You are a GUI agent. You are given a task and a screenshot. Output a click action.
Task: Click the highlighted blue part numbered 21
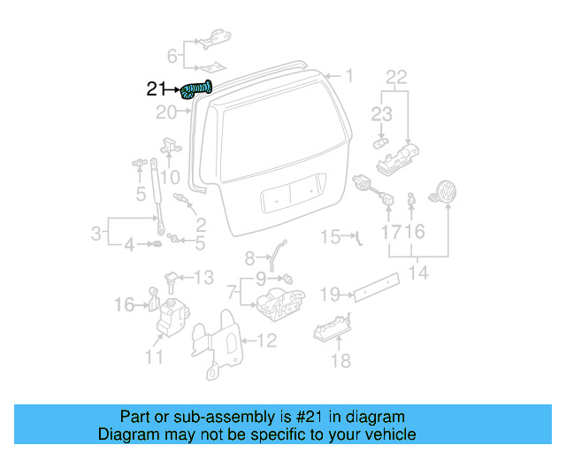pyautogui.click(x=196, y=88)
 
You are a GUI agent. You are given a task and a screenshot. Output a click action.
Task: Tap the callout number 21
pyautogui.click(x=156, y=88)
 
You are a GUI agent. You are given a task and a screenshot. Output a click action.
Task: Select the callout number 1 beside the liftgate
pyautogui.click(x=348, y=76)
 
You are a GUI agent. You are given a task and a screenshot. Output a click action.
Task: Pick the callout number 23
pyautogui.click(x=381, y=113)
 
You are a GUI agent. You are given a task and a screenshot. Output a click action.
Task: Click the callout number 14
pyautogui.click(x=418, y=273)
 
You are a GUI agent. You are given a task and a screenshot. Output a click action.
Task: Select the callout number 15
pyautogui.click(x=330, y=236)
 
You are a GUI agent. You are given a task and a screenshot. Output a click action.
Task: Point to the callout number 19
pyautogui.click(x=330, y=293)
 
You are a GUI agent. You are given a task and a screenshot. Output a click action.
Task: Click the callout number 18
pyautogui.click(x=340, y=360)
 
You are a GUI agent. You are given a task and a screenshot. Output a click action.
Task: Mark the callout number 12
pyautogui.click(x=267, y=339)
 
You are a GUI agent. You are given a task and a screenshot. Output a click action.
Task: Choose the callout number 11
pyautogui.click(x=155, y=357)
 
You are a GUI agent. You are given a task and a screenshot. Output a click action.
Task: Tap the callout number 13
pyautogui.click(x=203, y=278)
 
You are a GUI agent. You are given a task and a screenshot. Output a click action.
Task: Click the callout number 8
pyautogui.click(x=249, y=257)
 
